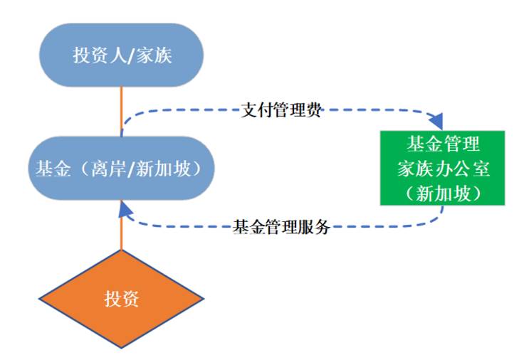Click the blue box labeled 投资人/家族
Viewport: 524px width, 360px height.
pos(122,55)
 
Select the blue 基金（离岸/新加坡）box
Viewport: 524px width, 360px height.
pos(122,169)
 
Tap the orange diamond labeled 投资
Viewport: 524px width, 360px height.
pos(122,298)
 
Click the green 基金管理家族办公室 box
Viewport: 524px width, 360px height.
pos(442,168)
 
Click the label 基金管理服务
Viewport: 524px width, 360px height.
pos(282,227)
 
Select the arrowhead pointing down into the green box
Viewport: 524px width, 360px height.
pos(442,122)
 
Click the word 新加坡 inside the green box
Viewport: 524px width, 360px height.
pos(443,192)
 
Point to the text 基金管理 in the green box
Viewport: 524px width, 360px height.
pos(442,144)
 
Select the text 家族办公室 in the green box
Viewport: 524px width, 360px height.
pos(442,169)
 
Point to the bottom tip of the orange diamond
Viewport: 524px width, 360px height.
pos(122,348)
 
